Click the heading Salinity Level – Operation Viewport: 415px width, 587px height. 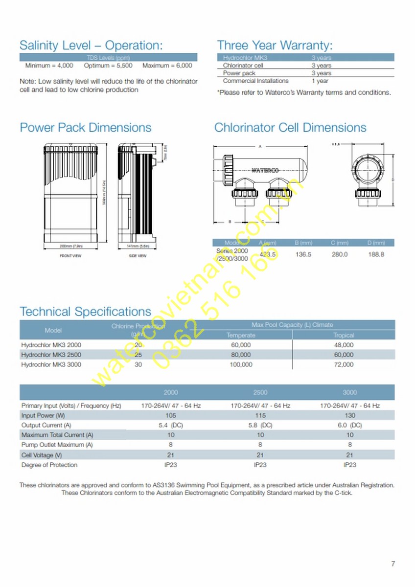click(91, 45)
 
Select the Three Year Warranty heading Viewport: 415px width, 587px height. click(275, 45)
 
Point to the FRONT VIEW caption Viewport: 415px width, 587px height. click(70, 256)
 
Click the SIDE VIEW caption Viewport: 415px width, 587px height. click(138, 256)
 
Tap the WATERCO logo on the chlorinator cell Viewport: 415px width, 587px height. click(265, 171)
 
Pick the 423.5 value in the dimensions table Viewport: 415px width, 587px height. click(268, 254)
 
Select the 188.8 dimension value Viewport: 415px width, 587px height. click(376, 254)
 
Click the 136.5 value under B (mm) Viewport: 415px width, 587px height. click(303, 254)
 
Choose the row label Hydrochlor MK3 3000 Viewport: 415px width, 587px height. click(45, 364)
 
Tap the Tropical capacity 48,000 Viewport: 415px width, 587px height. click(343, 345)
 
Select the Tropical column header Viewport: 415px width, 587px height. click(343, 335)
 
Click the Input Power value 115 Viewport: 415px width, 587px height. click(260, 415)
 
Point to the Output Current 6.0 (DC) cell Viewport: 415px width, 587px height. click(349, 425)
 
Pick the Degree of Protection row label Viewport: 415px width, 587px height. click(49, 465)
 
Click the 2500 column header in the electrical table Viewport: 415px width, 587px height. click(260, 392)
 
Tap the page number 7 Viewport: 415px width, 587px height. click(393, 564)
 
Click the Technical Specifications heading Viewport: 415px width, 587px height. click(85, 312)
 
